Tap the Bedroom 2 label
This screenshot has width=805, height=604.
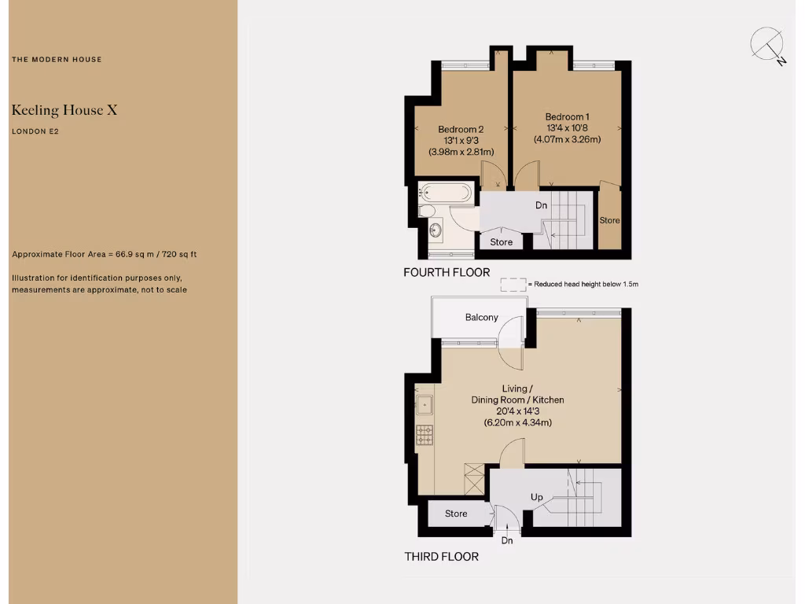pyautogui.click(x=461, y=129)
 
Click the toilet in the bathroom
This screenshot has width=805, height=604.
pyautogui.click(x=427, y=211)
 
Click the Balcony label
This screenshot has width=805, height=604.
pyautogui.click(x=481, y=317)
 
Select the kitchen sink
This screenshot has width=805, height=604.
pyautogui.click(x=425, y=406)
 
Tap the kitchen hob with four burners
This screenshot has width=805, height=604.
pyautogui.click(x=425, y=434)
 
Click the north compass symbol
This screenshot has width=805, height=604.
pyautogui.click(x=767, y=46)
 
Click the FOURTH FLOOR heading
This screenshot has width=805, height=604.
pyautogui.click(x=446, y=273)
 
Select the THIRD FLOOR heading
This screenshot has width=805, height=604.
pyautogui.click(x=441, y=556)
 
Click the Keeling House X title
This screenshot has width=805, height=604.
pyautogui.click(x=64, y=110)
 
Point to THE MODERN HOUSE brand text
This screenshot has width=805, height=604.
pyautogui.click(x=57, y=60)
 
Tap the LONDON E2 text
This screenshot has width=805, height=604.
pyautogui.click(x=35, y=132)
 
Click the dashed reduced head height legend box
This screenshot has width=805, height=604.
pyautogui.click(x=513, y=283)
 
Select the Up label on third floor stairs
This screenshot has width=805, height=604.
pyautogui.click(x=537, y=497)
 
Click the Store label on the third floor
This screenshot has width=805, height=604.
pyautogui.click(x=456, y=514)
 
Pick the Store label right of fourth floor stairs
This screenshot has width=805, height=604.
pyautogui.click(x=609, y=220)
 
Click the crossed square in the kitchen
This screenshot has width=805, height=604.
pyautogui.click(x=475, y=479)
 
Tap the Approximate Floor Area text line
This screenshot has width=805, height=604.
pyautogui.click(x=104, y=255)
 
